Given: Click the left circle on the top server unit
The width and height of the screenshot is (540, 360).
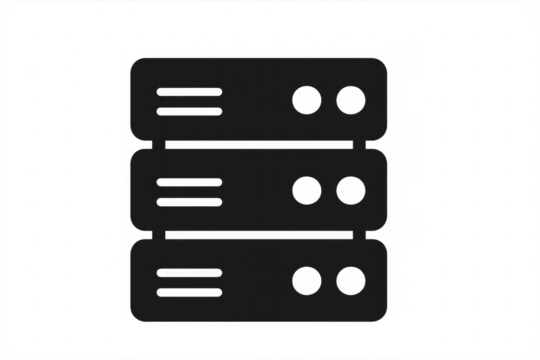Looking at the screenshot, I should click(306, 99).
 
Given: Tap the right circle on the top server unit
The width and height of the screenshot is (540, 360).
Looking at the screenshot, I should click(349, 99).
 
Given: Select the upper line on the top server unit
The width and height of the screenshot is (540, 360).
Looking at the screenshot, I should click(189, 92).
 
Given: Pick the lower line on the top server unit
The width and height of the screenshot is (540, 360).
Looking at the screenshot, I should click(189, 111).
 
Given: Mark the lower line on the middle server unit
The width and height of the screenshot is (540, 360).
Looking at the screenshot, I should click(189, 201).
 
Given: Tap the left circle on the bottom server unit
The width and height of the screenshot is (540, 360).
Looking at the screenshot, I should click(306, 281).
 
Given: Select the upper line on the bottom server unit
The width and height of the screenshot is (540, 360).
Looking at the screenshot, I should click(189, 272).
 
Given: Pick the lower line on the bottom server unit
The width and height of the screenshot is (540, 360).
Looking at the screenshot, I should click(189, 291).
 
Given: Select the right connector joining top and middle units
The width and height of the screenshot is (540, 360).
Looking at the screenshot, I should click(376, 145).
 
